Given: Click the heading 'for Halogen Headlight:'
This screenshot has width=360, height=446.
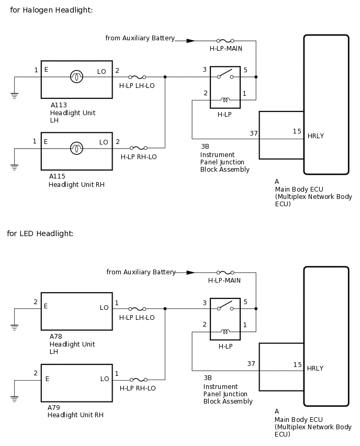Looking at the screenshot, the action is tap(51, 10).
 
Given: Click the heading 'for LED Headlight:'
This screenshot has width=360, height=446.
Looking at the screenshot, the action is tap(40, 233).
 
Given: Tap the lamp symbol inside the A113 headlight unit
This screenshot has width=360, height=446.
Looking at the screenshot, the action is tap(76, 76).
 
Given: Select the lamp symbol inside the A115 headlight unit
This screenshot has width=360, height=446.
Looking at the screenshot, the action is tap(76, 148).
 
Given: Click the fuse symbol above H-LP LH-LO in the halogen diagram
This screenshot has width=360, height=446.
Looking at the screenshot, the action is tap(137, 77).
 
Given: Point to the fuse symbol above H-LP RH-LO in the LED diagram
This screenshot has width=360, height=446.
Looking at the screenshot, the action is tap(139, 380).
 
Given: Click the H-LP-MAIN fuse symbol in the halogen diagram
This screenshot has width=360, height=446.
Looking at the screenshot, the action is tap(225, 41).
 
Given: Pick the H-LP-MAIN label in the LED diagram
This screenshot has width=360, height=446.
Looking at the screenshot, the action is tap(224, 281).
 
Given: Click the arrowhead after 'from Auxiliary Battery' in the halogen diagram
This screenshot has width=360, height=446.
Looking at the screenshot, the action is tap(190, 41).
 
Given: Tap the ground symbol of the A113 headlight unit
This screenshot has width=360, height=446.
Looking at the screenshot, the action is tap(14, 95).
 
